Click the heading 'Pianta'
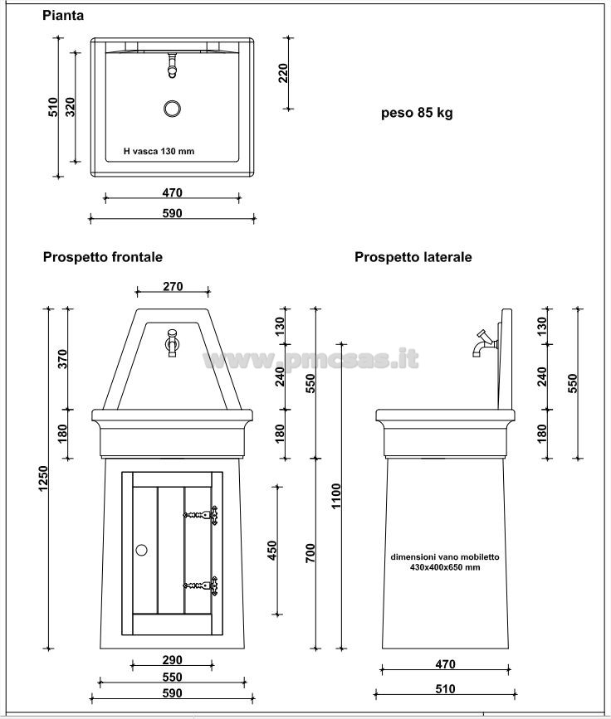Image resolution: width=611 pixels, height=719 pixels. tap(63, 15)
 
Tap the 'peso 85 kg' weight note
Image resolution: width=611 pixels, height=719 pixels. tap(417, 113)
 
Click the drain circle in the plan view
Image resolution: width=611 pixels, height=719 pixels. tap(172, 109)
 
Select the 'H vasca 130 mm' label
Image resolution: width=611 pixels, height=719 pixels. tap(159, 151)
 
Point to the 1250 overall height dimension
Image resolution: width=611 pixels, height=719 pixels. tap(43, 479)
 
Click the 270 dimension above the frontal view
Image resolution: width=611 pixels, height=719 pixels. tap(173, 286)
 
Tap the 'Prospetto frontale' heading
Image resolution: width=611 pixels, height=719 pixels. tap(103, 257)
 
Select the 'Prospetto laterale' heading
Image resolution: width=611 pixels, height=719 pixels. tap(413, 257)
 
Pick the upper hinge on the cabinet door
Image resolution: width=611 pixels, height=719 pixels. tap(201, 515)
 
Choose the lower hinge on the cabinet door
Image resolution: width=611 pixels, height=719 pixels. tap(201, 585)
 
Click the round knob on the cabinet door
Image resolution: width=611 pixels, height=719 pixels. tap(141, 550)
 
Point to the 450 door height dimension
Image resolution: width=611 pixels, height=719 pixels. tap(272, 551)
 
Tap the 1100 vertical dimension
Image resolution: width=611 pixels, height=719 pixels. tap(336, 496)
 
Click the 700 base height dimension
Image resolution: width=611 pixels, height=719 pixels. tap(310, 553)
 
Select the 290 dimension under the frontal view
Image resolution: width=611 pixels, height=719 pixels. tap(172, 660)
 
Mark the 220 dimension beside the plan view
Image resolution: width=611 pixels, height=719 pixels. tap(283, 73)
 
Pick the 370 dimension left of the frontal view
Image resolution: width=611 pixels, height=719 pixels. tap(63, 359)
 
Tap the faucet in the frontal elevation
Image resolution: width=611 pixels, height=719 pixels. tap(172, 342)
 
